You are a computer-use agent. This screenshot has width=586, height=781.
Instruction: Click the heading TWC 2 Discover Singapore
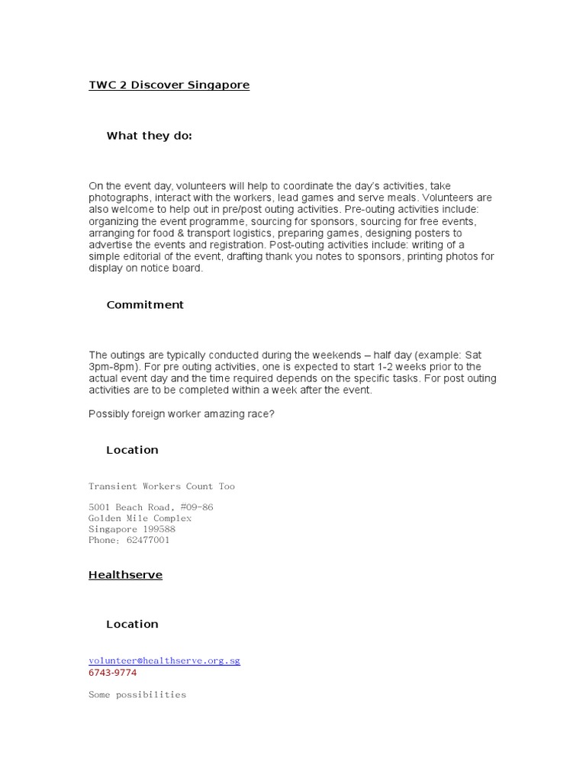click(169, 85)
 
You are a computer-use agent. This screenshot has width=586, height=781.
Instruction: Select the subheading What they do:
click(149, 136)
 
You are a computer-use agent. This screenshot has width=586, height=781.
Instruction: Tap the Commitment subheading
click(145, 305)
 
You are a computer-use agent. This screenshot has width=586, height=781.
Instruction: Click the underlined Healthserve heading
click(125, 575)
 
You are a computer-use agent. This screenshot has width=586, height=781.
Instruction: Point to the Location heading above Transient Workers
click(132, 450)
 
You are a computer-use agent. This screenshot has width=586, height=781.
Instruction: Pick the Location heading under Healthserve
click(132, 624)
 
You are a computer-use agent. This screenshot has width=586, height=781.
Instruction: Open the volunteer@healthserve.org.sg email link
click(164, 660)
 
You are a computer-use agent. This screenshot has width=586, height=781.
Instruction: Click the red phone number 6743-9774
click(112, 673)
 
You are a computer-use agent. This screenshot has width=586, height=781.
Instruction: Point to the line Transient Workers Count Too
click(162, 486)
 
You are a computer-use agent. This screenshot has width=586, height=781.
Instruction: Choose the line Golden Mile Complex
click(140, 519)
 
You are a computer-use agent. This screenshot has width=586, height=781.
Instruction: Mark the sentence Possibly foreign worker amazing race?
click(182, 413)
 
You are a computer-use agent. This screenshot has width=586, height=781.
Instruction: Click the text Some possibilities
click(137, 695)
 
